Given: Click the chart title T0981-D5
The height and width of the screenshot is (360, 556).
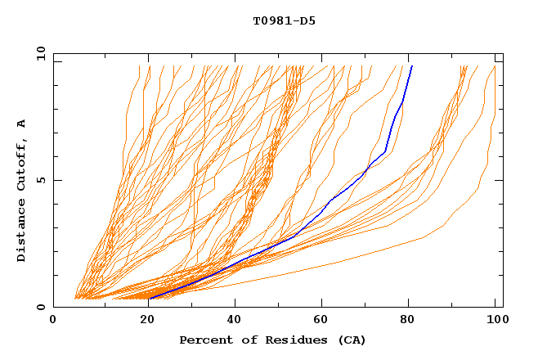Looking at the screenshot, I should [284, 20].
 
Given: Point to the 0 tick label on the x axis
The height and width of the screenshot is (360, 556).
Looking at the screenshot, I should [54, 320].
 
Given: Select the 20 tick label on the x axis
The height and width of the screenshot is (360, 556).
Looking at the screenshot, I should [142, 320].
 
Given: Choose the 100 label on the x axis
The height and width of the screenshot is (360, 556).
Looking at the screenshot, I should [495, 320].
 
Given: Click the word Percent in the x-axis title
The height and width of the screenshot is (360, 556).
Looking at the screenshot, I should [206, 340].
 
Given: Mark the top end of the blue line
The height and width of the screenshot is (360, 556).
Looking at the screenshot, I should [412, 65].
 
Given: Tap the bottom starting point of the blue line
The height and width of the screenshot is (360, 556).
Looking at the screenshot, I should [149, 299].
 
